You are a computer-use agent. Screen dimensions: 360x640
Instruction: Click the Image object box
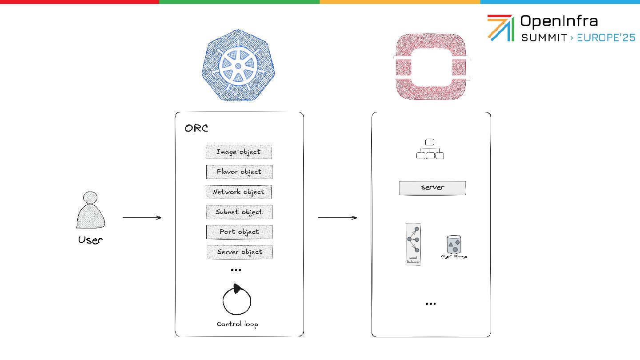pyautogui.click(x=239, y=152)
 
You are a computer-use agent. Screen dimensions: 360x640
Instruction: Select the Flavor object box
pyautogui.click(x=239, y=172)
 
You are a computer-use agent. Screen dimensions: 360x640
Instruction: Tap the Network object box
pyautogui.click(x=239, y=192)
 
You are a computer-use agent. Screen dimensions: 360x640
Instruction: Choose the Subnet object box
pyautogui.click(x=239, y=212)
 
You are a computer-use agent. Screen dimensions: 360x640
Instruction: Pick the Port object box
pyautogui.click(x=239, y=232)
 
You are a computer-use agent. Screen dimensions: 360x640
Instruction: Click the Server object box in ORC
pyautogui.click(x=240, y=252)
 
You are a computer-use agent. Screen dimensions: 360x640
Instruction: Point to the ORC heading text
pyautogui.click(x=196, y=129)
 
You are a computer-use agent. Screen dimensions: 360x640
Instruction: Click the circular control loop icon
pyautogui.click(x=236, y=301)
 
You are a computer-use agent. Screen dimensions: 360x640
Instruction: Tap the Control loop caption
pyautogui.click(x=237, y=324)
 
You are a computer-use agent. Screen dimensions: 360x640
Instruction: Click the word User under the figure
pyautogui.click(x=90, y=240)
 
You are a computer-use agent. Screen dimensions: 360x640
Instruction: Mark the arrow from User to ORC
pyautogui.click(x=142, y=218)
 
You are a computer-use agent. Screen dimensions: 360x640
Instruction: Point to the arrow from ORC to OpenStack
pyautogui.click(x=338, y=218)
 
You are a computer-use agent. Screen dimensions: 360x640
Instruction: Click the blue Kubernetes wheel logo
pyautogui.click(x=238, y=66)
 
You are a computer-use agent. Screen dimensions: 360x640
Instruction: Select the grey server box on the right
pyautogui.click(x=432, y=188)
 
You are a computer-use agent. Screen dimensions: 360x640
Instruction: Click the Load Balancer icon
pyautogui.click(x=413, y=244)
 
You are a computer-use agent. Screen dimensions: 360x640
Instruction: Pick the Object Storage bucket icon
pyautogui.click(x=453, y=245)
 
